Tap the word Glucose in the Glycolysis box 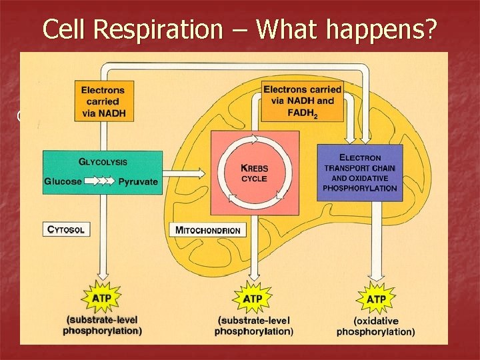tap(64, 181)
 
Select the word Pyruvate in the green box tap(139, 181)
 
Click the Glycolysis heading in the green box tap(103, 162)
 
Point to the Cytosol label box tap(66, 230)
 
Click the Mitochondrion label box tap(209, 230)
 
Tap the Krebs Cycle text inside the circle tap(254, 174)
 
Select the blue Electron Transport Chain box tap(360, 173)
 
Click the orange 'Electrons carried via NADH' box tap(101, 101)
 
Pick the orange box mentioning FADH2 tap(302, 102)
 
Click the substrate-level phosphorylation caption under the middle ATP tap(254, 325)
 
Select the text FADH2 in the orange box tap(302, 113)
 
